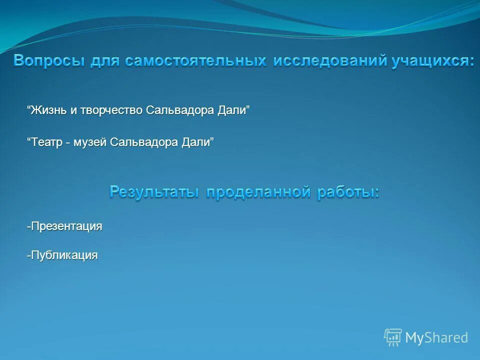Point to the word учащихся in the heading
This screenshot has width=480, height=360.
[x=429, y=61]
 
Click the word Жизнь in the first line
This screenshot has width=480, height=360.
[x=48, y=110]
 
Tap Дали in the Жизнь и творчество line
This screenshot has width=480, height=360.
[x=232, y=110]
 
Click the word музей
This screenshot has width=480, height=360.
[x=90, y=142]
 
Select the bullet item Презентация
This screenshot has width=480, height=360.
[x=65, y=226]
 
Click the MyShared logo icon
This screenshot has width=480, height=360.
[x=393, y=337]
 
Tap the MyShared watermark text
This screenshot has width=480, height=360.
[x=436, y=338]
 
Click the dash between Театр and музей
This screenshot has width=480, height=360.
[x=67, y=143]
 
